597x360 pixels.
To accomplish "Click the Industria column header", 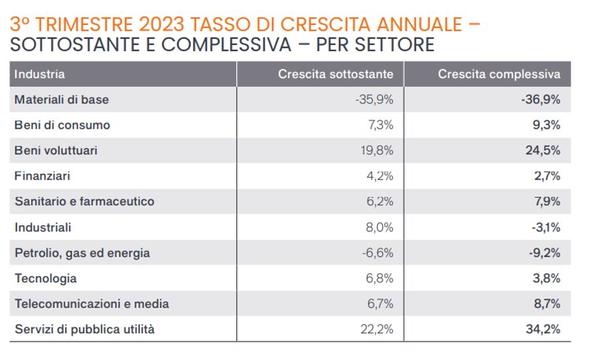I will click(40, 74).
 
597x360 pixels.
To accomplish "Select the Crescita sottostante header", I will click(336, 74).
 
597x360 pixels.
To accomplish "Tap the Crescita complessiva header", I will click(499, 74).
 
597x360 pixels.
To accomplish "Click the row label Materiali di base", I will click(62, 99).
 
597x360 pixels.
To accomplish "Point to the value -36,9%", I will click(541, 99).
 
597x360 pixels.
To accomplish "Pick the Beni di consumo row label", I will click(62, 125).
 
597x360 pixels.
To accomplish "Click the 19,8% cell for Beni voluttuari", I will click(377, 150).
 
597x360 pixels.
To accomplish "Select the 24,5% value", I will click(543, 150).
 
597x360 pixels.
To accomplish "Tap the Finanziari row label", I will click(42, 176).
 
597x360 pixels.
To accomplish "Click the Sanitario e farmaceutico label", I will click(84, 202).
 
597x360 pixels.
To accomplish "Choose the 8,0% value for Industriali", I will click(379, 227).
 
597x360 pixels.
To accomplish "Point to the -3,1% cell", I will click(546, 227).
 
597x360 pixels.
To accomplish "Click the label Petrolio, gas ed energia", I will click(82, 253).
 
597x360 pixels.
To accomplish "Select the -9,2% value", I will click(545, 253).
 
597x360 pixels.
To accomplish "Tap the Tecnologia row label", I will click(46, 278).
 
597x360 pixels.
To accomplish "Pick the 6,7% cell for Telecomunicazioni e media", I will click(380, 304).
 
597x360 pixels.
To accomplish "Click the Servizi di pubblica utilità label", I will click(84, 329).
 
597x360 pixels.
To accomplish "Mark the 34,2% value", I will click(543, 329).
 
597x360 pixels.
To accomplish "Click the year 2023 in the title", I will click(163, 25).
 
